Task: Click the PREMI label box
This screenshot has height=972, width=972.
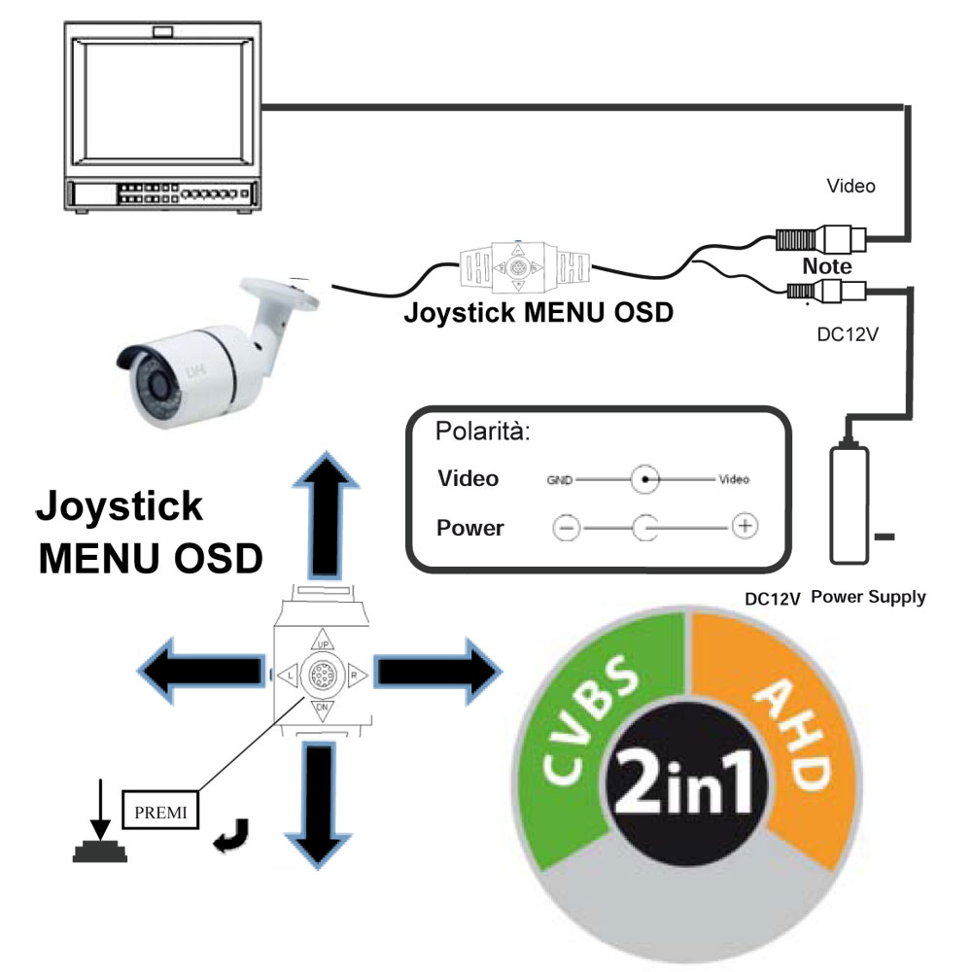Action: pyautogui.click(x=160, y=809)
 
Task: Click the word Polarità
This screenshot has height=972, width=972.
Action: pyautogui.click(x=483, y=433)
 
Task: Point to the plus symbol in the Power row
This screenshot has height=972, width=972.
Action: pyautogui.click(x=744, y=527)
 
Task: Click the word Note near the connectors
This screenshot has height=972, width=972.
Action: pyautogui.click(x=827, y=266)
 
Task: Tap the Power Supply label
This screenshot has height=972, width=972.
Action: pyautogui.click(x=868, y=598)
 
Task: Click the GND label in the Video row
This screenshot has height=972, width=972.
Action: pyautogui.click(x=559, y=479)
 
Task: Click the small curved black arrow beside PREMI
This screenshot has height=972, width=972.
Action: pyautogui.click(x=233, y=834)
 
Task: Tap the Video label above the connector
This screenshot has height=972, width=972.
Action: pyautogui.click(x=850, y=185)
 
